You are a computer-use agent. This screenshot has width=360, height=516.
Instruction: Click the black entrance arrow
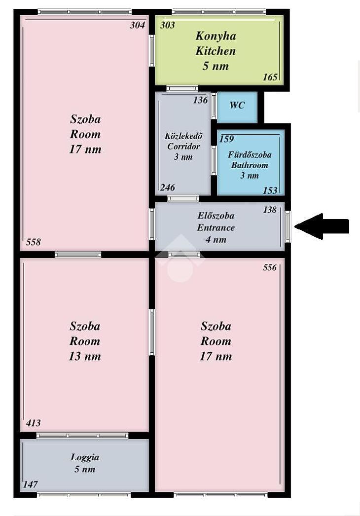322,226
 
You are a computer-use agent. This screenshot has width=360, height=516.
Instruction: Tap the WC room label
237,105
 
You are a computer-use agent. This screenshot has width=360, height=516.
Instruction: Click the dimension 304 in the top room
137,25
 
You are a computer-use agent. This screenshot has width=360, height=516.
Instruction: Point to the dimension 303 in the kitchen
168,25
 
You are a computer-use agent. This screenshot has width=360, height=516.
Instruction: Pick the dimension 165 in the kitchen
270,77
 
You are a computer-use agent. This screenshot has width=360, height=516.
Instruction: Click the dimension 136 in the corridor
200,100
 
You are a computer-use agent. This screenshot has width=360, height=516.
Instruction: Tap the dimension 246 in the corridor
168,187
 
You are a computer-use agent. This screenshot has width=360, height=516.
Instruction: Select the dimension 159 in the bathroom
227,139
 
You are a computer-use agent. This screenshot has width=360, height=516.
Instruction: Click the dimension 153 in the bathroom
270,190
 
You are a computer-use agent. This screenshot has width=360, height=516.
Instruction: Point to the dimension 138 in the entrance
269,210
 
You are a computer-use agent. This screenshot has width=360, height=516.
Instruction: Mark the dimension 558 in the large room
34,242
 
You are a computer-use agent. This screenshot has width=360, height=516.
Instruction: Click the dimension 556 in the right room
269,267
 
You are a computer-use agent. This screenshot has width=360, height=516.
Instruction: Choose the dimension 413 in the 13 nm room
33,423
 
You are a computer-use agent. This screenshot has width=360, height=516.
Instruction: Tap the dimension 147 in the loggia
30,484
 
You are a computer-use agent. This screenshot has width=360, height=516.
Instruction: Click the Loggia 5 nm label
85,463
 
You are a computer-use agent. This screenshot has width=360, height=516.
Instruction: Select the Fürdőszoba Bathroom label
250,165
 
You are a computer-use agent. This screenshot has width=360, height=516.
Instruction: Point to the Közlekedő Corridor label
183,146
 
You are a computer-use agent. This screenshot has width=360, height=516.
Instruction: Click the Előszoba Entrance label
216,227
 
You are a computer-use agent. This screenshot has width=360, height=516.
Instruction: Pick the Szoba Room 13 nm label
85,341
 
